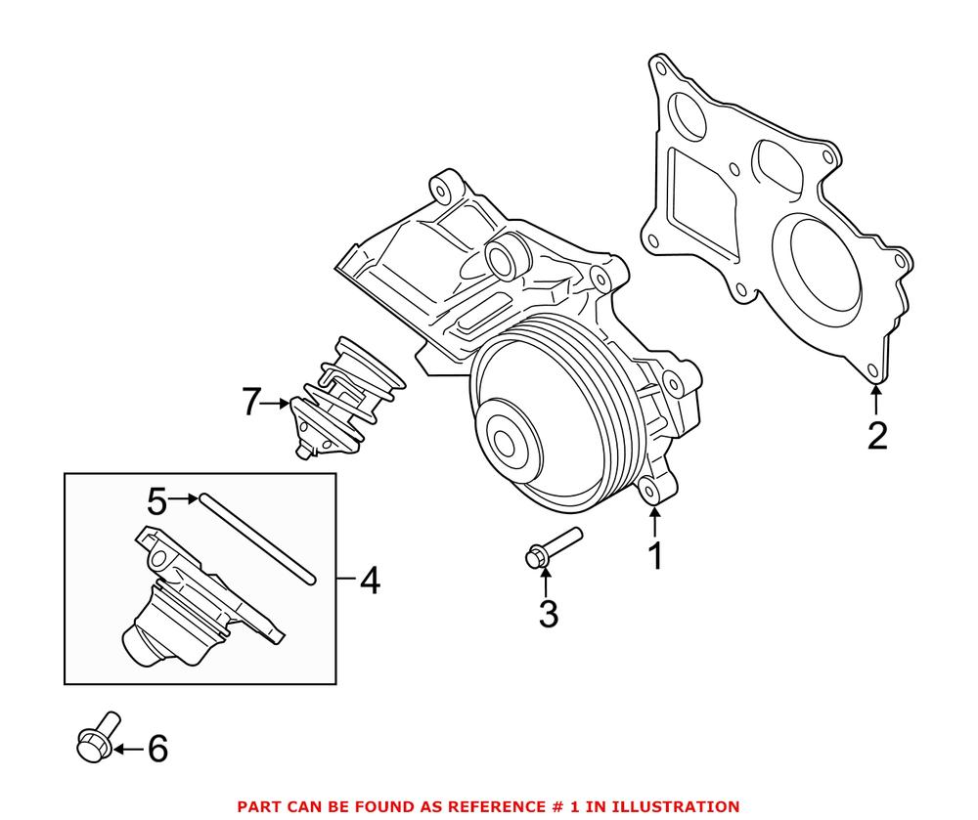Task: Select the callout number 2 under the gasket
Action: pyautogui.click(x=877, y=435)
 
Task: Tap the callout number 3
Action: pyautogui.click(x=548, y=614)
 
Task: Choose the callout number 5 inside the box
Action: pyautogui.click(x=156, y=501)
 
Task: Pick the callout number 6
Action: pyautogui.click(x=156, y=750)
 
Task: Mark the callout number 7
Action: pyautogui.click(x=253, y=402)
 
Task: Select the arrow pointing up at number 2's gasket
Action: pyautogui.click(x=876, y=401)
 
